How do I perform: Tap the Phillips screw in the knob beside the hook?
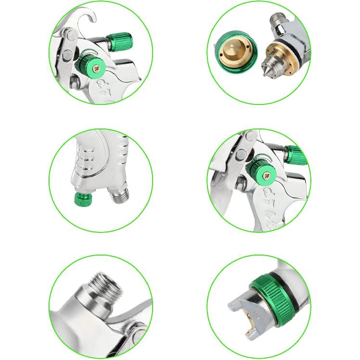(x=98, y=69)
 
